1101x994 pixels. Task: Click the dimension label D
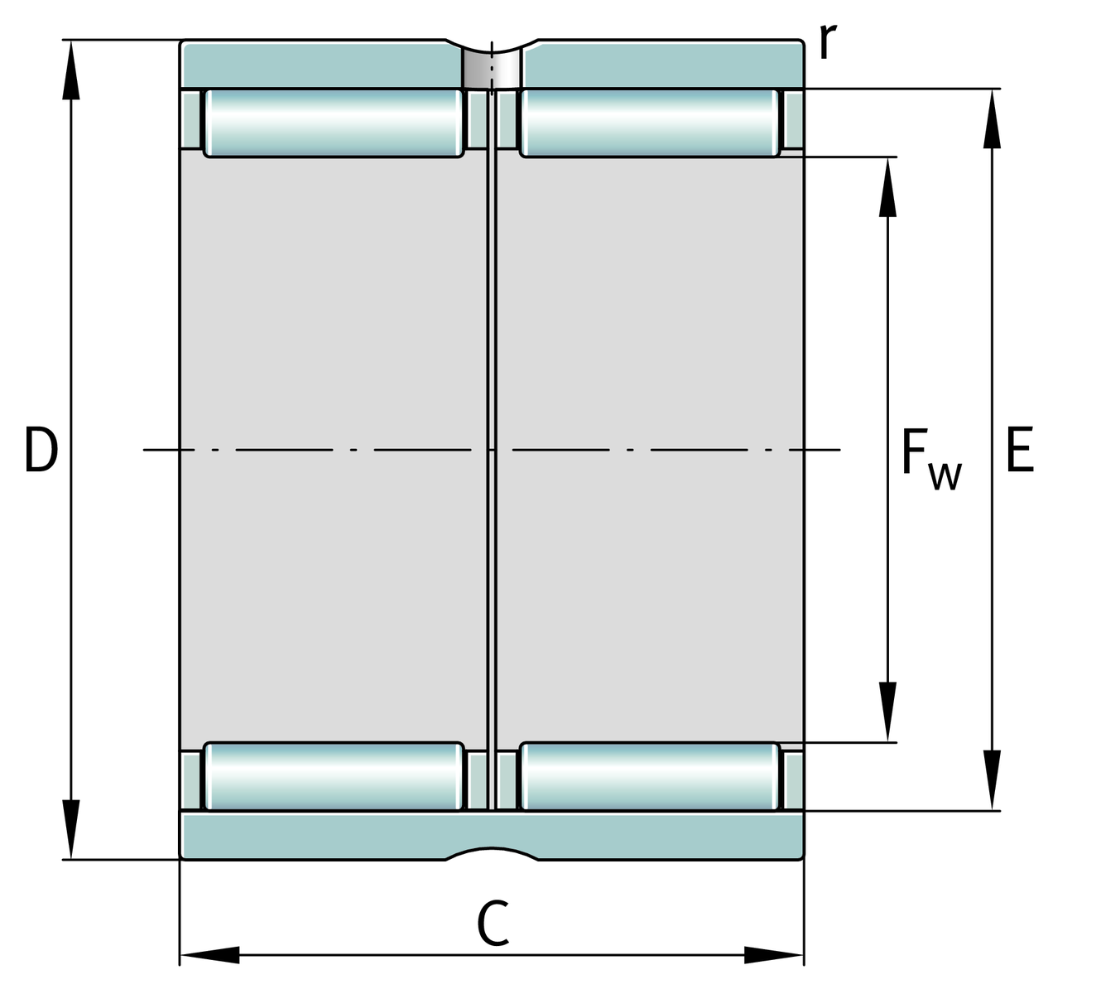coord(41,450)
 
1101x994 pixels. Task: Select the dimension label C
coord(493,922)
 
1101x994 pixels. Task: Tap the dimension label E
coord(1020,450)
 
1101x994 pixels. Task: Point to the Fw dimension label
coord(931,461)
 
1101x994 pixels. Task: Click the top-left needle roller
coord(334,123)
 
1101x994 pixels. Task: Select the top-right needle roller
coord(650,123)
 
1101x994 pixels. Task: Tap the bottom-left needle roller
coord(334,776)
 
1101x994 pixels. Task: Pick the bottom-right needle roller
coord(650,776)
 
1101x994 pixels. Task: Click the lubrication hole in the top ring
coord(492,68)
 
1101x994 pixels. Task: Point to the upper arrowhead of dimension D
coord(71,70)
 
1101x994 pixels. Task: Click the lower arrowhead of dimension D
coord(71,829)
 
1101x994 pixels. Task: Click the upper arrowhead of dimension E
coord(992,118)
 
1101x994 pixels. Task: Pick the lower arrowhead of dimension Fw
coord(887,712)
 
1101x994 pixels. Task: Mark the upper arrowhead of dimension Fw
coord(887,187)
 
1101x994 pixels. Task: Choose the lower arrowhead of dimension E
coord(992,780)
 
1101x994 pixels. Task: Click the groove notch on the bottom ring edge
coord(492,853)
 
